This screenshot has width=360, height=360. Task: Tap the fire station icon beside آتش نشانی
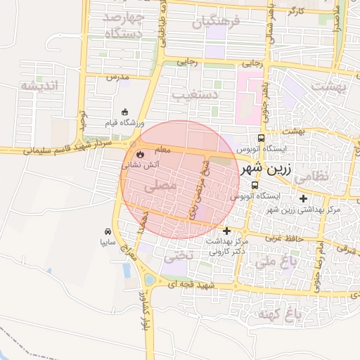coord(139,153)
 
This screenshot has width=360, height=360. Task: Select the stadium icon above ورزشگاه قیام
coord(125,112)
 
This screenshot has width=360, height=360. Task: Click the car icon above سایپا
coord(108,231)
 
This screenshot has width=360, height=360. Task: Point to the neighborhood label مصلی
coord(160,186)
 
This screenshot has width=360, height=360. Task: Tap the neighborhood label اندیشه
coord(41,86)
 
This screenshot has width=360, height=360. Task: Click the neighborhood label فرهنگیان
coord(216,21)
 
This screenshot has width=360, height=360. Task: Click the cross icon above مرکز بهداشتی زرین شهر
coord(304,198)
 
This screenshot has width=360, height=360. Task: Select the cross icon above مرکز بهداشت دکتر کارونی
coord(226,231)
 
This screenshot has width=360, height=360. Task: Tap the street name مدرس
coord(118,77)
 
